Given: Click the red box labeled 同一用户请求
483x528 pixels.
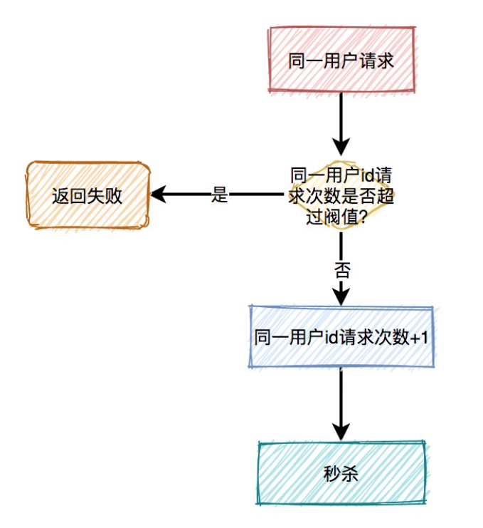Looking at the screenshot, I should (341, 60).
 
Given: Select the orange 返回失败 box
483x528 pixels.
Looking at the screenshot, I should (87, 195).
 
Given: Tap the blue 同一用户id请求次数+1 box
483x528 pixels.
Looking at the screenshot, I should (341, 337).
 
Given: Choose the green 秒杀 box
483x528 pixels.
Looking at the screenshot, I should (341, 473).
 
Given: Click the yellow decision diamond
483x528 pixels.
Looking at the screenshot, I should (341, 195).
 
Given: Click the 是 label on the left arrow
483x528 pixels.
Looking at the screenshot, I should (220, 195).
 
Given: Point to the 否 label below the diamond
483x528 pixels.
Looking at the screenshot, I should (341, 270).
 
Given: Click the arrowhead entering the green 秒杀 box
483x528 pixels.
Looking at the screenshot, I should (341, 433).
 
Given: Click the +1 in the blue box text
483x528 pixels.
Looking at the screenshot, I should (420, 338).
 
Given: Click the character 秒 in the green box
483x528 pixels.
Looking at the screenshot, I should (332, 474).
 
